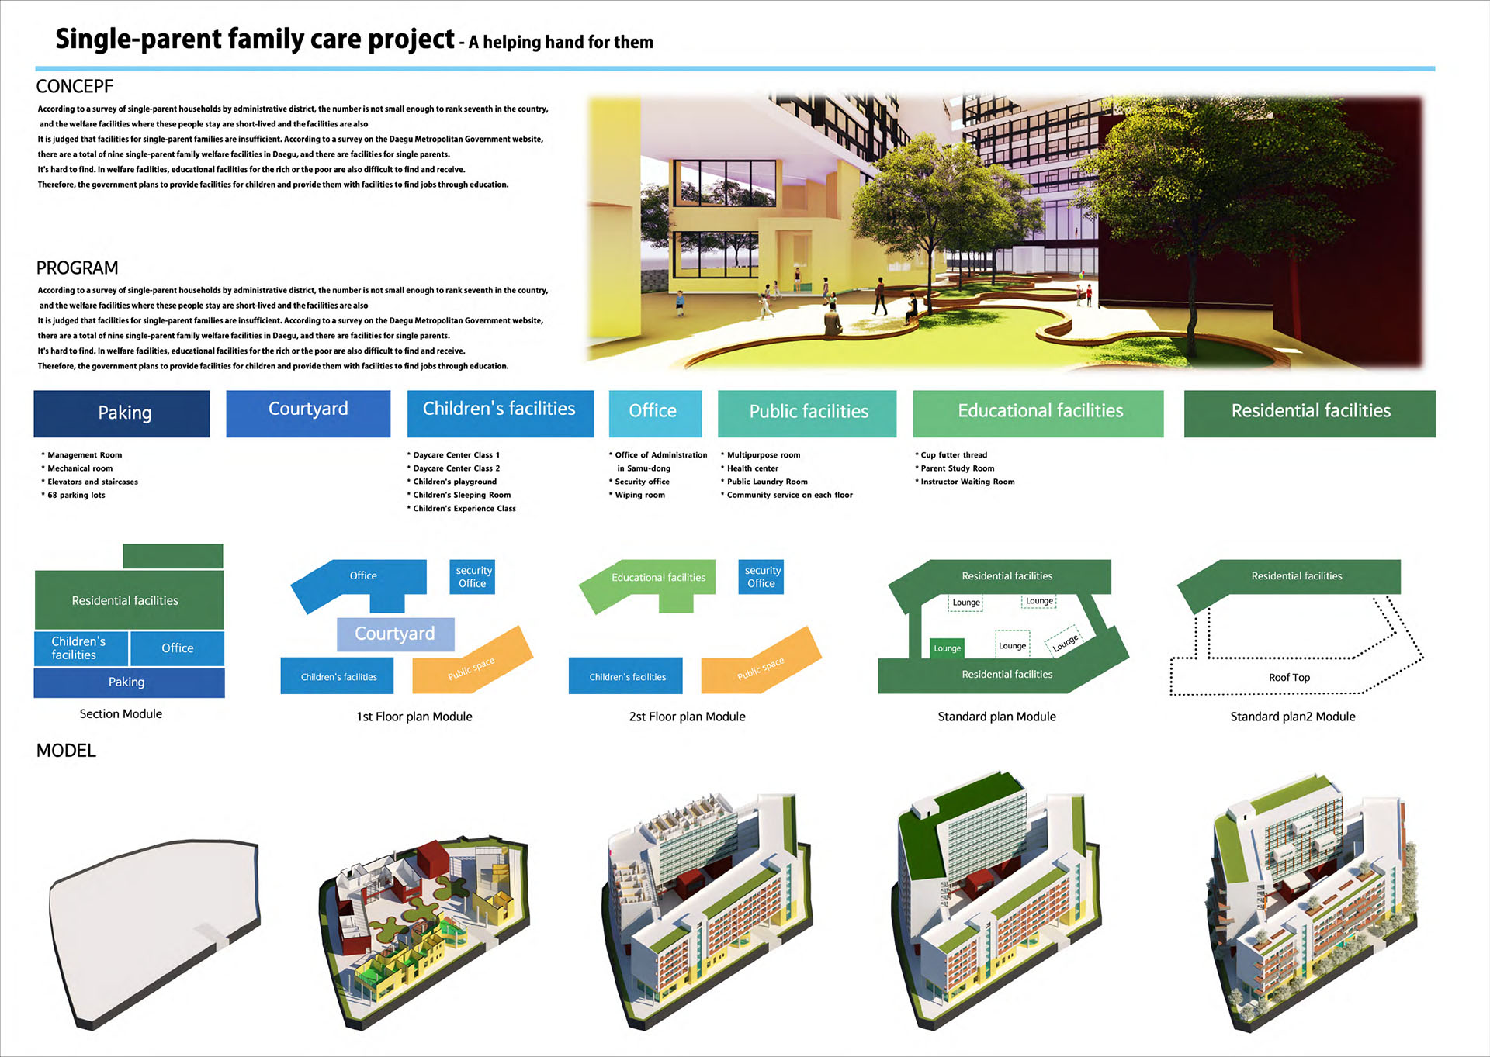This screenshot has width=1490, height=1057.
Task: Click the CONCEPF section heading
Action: [74, 86]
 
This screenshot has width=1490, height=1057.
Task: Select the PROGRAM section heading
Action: [77, 268]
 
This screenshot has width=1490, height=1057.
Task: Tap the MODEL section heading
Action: [66, 750]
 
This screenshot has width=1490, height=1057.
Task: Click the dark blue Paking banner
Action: [122, 413]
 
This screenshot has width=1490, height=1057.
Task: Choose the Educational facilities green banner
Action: [1038, 413]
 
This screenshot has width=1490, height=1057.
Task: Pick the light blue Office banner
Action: [655, 413]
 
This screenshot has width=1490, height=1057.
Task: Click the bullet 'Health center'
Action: [750, 468]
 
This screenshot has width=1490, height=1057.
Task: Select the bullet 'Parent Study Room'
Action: [955, 468]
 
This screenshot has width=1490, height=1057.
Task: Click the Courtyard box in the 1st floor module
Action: [395, 634]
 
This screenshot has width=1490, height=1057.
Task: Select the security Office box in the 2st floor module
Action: [761, 577]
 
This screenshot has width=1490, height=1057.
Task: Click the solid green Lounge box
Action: [947, 648]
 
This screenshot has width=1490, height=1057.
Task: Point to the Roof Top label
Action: [1289, 678]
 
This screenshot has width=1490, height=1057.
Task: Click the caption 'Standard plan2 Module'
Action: [1293, 717]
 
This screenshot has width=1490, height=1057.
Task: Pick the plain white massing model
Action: [155, 931]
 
